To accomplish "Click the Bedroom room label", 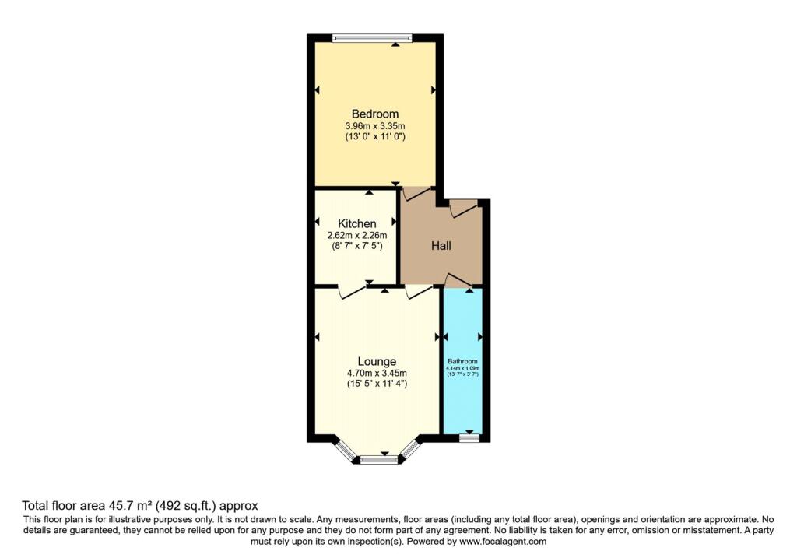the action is [375, 114].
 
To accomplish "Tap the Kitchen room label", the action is [356, 223].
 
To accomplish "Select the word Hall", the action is [441, 246].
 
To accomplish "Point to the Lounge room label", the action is [377, 361].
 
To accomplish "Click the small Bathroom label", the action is [462, 361].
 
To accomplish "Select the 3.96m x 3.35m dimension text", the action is [375, 126].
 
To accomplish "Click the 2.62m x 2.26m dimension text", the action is [356, 236].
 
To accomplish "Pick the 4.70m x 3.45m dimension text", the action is [377, 374].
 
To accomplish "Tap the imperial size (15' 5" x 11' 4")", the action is [377, 384].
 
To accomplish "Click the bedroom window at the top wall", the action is [372, 37].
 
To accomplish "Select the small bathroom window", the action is [469, 437].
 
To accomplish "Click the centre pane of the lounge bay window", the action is [379, 460].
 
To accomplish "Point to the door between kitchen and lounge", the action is [352, 292].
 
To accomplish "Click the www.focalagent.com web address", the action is [503, 542].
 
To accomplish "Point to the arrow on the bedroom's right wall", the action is [434, 90].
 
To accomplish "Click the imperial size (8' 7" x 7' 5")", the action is [356, 247].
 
